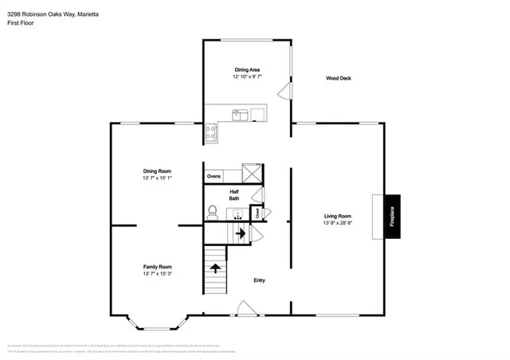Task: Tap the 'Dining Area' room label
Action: point(246,70)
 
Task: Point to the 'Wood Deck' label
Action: point(339,78)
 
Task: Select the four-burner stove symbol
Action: point(212,132)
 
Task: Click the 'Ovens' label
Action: point(214,176)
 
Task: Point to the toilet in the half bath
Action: point(212,211)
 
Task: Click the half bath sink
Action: point(236,214)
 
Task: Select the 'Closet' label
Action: point(258,213)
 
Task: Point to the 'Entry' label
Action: point(259,280)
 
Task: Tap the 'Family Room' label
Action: point(157,267)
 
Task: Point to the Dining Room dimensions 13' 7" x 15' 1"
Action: point(157,178)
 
